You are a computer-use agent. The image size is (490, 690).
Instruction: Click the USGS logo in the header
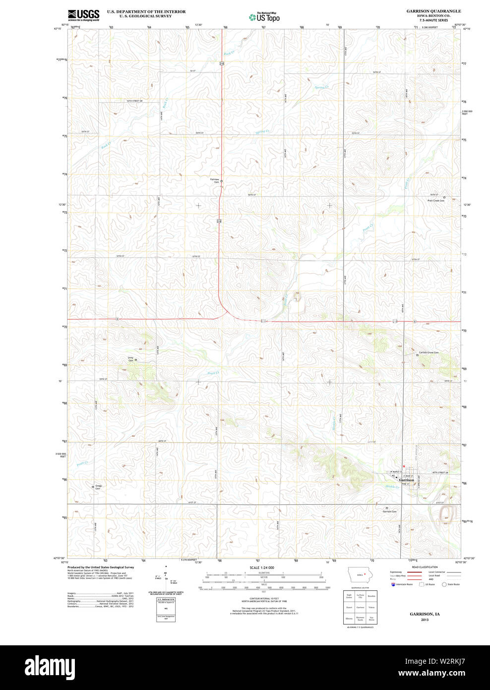[83, 14]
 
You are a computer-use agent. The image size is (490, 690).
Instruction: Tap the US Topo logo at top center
[264, 17]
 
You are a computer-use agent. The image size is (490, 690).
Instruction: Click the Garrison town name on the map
[406, 480]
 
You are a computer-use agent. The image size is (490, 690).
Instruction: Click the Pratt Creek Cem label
[435, 201]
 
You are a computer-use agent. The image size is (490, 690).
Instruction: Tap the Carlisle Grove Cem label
[428, 352]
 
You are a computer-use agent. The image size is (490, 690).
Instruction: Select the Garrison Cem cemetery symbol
[387, 508]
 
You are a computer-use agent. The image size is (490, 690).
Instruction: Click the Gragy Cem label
[98, 487]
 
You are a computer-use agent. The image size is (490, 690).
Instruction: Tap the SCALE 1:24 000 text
[261, 567]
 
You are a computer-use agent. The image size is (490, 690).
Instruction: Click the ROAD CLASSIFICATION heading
[425, 567]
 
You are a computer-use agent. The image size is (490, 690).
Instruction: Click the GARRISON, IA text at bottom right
[424, 614]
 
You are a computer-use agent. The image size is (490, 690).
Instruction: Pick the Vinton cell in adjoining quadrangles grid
[371, 607]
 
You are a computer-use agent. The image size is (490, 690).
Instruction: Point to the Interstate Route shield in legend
[393, 584]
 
